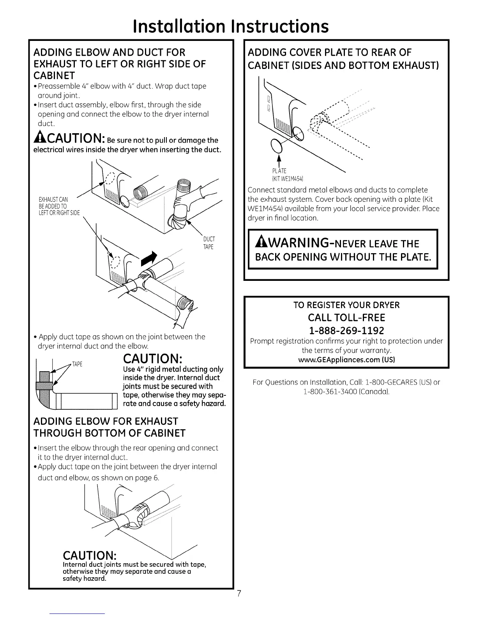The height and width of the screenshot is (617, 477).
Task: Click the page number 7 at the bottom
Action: pos(240,594)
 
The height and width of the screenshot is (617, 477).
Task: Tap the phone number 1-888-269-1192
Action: pos(346,331)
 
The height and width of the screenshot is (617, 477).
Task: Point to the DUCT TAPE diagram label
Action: pos(209,243)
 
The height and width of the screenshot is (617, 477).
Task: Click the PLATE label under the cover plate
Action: pos(279,171)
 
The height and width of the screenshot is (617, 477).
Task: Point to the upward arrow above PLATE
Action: pos(279,161)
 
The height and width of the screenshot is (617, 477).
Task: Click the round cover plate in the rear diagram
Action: pos(276,146)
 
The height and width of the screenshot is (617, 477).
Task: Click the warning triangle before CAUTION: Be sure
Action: pos(40,140)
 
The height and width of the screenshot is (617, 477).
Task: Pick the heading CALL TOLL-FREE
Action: pos(346,317)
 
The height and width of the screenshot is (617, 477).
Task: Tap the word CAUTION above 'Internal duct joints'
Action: pos(91,554)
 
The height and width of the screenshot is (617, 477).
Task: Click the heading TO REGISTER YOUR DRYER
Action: pos(346,305)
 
